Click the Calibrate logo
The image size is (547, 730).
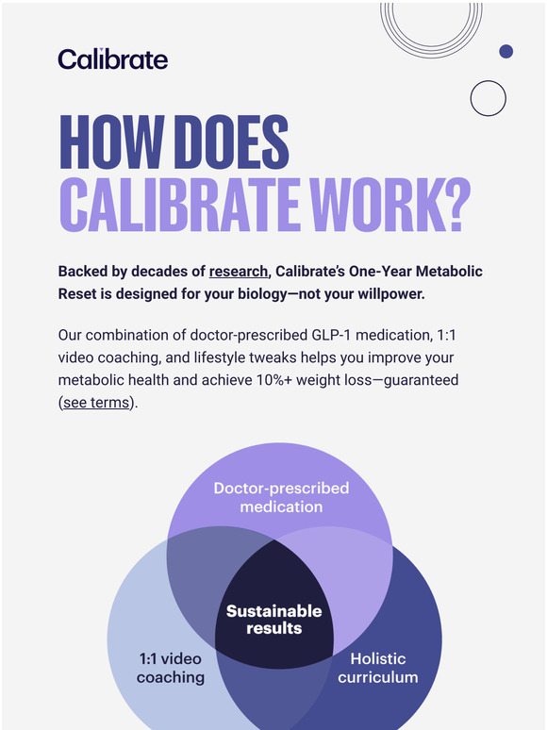pos(112,59)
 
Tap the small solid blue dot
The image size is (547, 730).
pos(506,51)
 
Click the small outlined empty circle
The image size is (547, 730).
pos(488,98)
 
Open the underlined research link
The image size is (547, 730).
pos(239,272)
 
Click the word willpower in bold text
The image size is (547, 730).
pos(386,294)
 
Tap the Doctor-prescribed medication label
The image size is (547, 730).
pos(281,497)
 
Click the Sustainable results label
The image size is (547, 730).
pos(273,620)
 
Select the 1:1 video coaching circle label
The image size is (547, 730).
pos(171,667)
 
